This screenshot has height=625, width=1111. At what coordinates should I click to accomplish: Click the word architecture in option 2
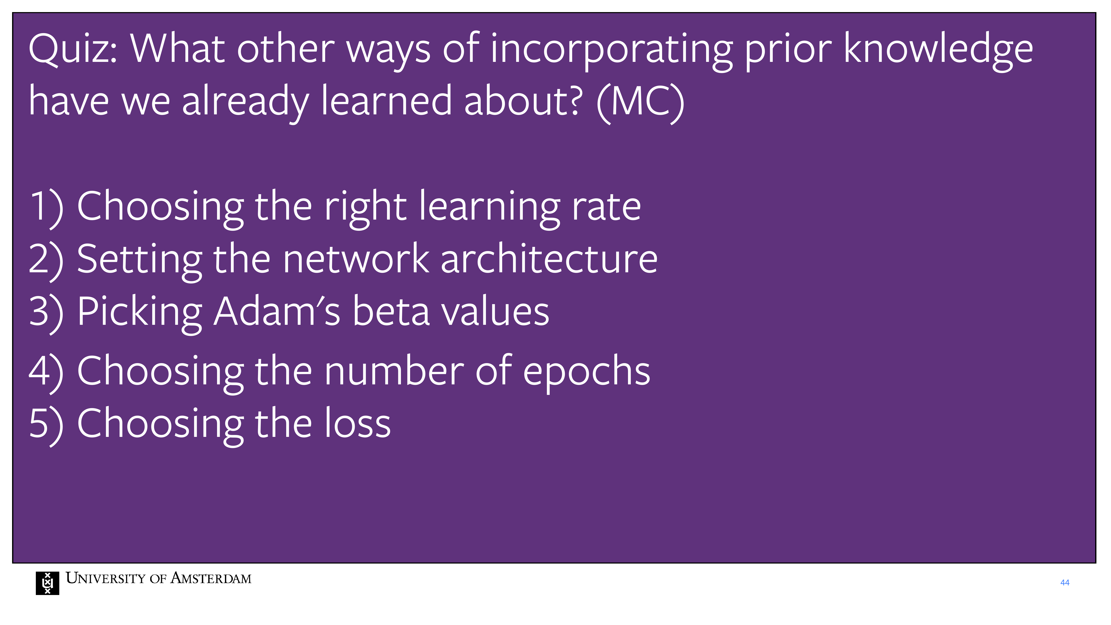coord(549,259)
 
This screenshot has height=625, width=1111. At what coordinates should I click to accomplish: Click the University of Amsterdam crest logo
coord(47,583)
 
